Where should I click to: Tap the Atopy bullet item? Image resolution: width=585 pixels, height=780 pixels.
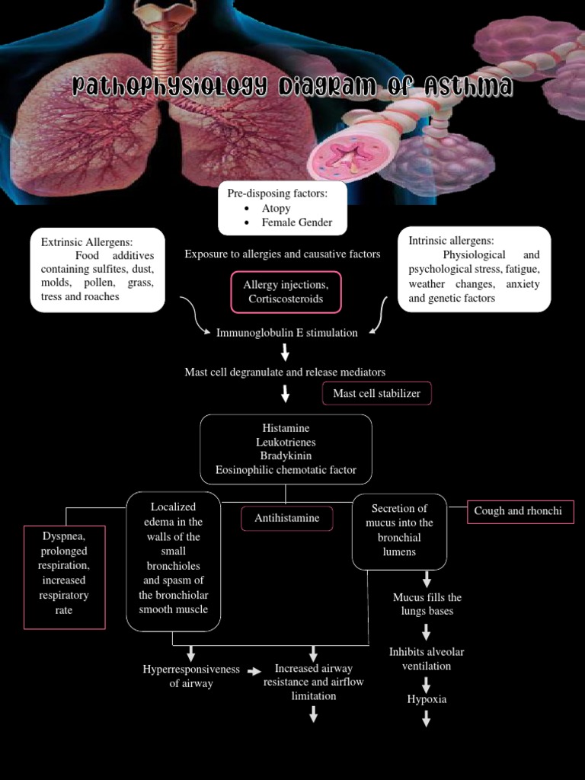(x=276, y=208)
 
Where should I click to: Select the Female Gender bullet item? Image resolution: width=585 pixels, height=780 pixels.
(x=296, y=222)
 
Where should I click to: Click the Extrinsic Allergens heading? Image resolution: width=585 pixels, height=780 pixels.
(x=87, y=241)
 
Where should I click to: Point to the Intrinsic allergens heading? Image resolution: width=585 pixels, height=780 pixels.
(x=451, y=240)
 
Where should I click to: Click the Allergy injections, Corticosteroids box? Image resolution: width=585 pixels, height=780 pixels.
(x=286, y=292)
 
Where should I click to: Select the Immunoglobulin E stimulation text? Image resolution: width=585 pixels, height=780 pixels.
(x=286, y=332)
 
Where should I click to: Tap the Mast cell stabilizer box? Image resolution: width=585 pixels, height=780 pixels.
(x=377, y=393)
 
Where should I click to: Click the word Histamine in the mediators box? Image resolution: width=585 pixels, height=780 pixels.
(x=286, y=428)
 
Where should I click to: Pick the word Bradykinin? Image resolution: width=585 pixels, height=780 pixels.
(x=286, y=456)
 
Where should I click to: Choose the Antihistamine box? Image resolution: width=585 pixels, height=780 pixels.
(x=287, y=518)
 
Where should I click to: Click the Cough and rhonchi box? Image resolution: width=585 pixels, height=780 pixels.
(x=518, y=511)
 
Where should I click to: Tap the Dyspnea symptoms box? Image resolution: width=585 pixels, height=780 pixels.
(x=64, y=577)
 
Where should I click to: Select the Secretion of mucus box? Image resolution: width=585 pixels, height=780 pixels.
(x=399, y=530)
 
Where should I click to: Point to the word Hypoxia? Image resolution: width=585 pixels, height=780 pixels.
(x=427, y=698)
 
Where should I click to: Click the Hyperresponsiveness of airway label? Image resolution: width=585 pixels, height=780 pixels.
(x=190, y=676)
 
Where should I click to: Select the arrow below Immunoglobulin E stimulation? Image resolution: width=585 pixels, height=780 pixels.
(x=285, y=352)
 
